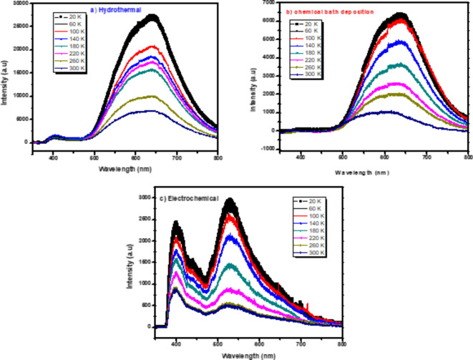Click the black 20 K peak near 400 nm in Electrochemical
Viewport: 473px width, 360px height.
tap(175, 224)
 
